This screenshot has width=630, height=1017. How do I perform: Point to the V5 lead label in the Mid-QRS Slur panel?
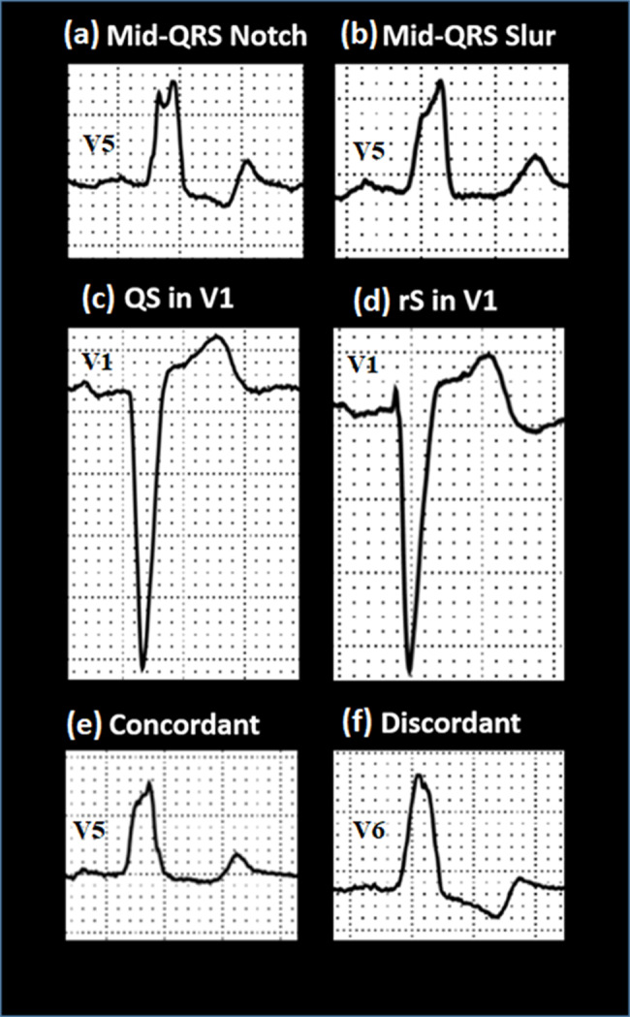pyautogui.click(x=368, y=152)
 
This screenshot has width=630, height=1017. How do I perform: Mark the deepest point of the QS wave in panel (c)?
pyautogui.click(x=143, y=669)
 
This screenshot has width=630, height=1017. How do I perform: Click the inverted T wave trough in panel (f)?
pyautogui.click(x=497, y=915)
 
